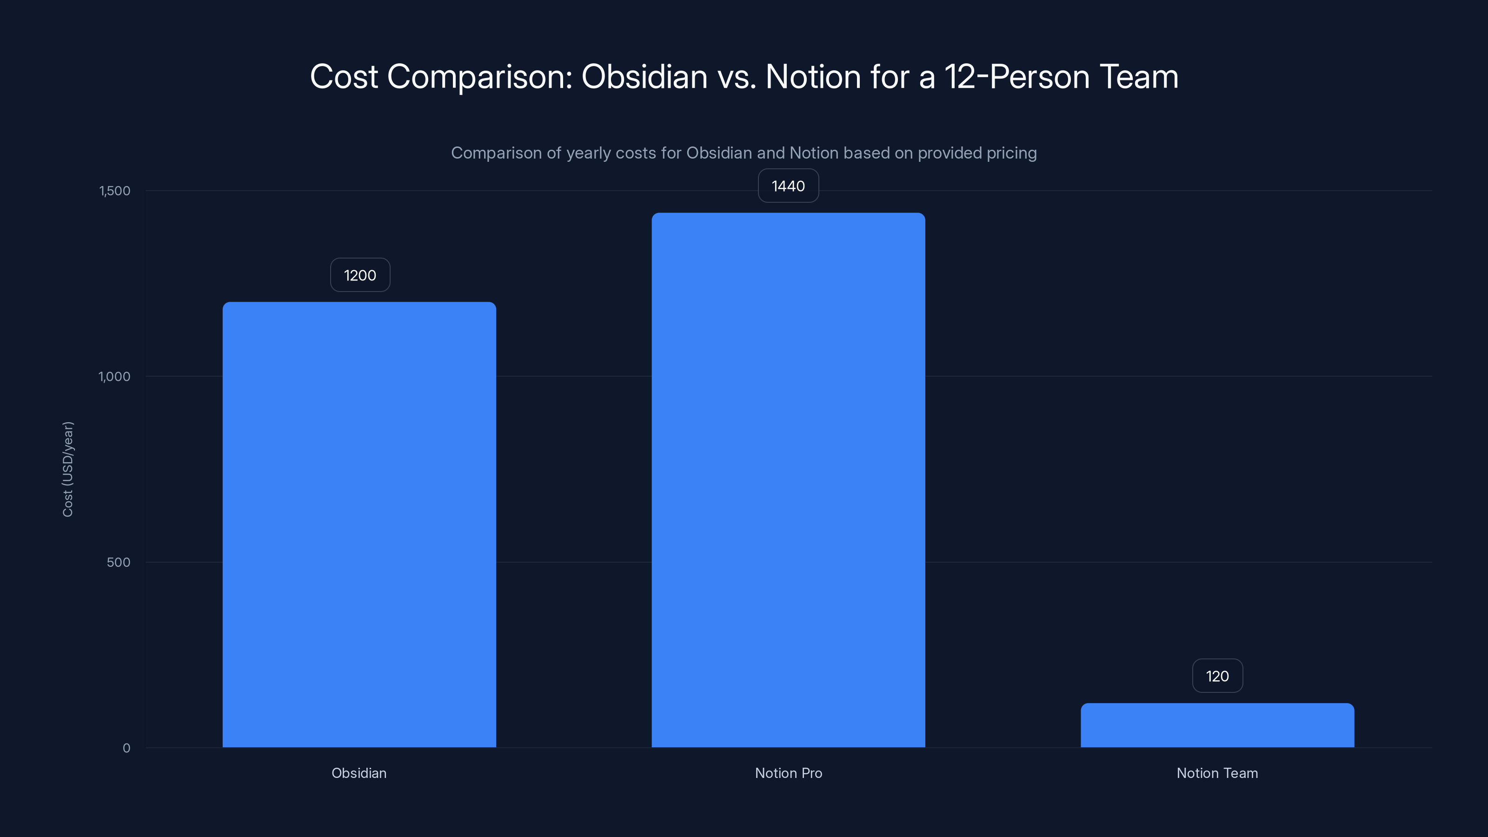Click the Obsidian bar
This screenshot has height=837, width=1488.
[x=359, y=525]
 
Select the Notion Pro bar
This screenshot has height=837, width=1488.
[x=788, y=479]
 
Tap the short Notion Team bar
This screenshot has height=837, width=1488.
[x=1217, y=725]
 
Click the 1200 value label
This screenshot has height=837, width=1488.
[x=360, y=275]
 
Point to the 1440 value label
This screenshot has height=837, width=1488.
[x=788, y=186]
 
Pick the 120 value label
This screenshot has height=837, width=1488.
[x=1217, y=676]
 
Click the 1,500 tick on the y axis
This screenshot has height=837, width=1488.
[x=114, y=191]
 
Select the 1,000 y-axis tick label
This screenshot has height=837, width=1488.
[x=114, y=377]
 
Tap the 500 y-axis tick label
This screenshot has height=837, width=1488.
[x=119, y=562]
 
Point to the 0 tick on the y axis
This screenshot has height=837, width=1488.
[x=126, y=748]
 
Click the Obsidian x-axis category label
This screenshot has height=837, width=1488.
[x=359, y=773]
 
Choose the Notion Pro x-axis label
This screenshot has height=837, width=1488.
[x=788, y=773]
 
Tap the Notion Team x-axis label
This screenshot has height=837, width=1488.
[x=1217, y=773]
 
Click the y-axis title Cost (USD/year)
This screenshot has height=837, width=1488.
[x=67, y=469]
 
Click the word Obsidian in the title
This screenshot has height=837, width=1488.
[x=644, y=77]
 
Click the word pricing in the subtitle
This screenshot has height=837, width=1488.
[x=1011, y=153]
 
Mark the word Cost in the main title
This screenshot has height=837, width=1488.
[x=344, y=77]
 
